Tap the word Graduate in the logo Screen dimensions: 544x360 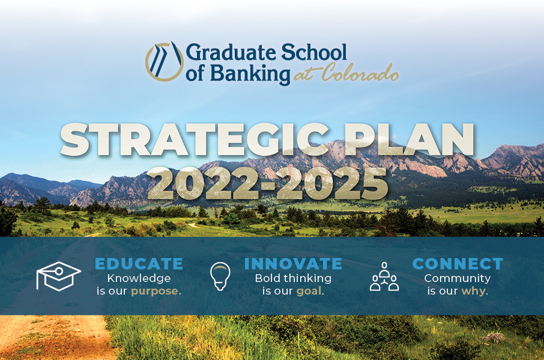click(231, 53)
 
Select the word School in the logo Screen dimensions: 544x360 click(313, 52)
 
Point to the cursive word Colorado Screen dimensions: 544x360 click(360, 73)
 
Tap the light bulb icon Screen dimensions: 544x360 click(220, 276)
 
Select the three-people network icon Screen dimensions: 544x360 click(384, 277)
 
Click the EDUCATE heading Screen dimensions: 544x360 click(139, 264)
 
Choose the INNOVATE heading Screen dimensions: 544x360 click(293, 264)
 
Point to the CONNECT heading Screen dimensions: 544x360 click(458, 264)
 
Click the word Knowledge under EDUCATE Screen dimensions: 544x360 click(139, 278)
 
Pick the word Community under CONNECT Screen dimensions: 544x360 click(458, 278)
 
